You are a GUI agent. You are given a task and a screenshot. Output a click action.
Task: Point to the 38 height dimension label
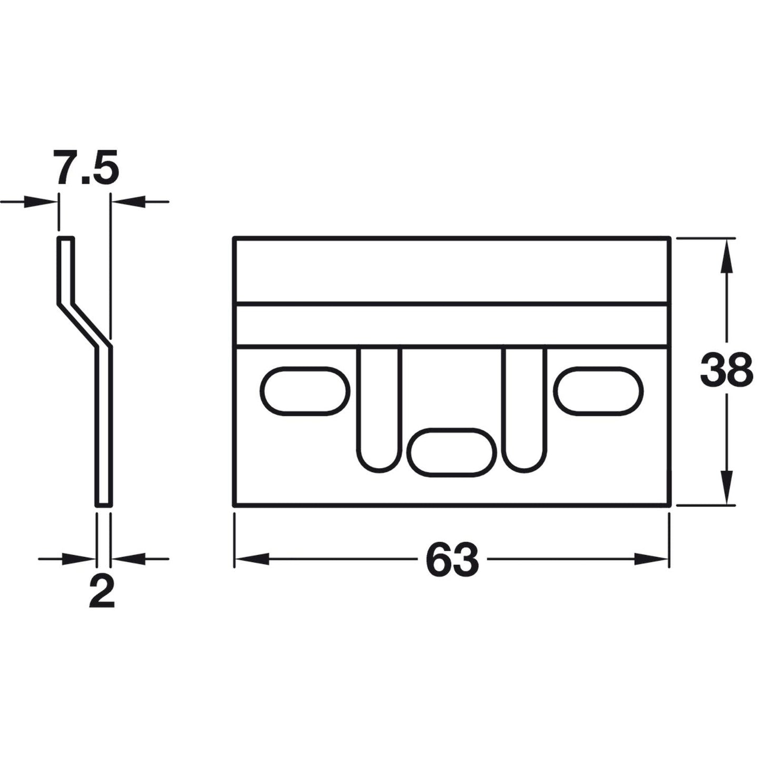pos(726,370)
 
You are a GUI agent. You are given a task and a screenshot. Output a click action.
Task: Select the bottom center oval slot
pos(452,452)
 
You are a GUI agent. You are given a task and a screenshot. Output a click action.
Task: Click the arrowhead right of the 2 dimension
pos(129,559)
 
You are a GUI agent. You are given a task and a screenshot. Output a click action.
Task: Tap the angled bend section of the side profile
pos(85,325)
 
